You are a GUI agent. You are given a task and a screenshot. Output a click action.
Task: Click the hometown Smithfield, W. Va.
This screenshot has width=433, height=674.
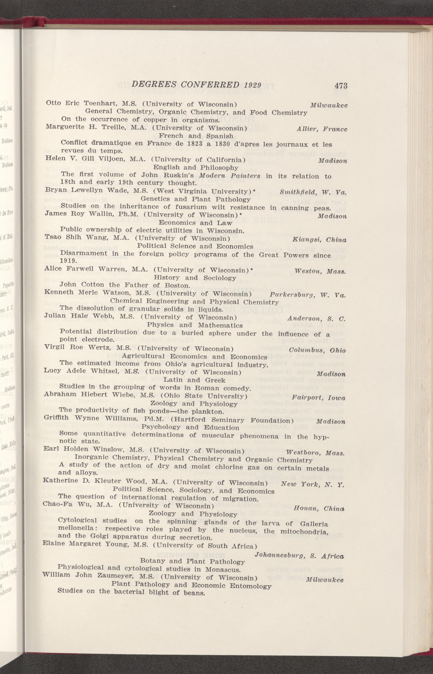[313, 193]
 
